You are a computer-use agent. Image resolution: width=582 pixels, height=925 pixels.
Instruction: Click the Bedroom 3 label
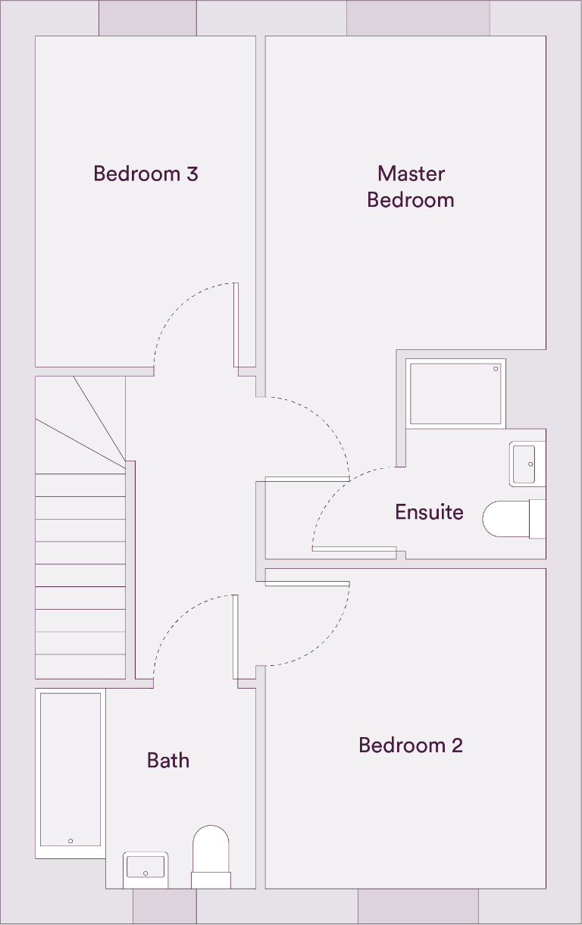click(145, 173)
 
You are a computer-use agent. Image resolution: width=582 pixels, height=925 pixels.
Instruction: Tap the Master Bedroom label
click(411, 186)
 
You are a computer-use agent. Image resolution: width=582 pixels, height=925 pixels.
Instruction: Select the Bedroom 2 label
click(411, 745)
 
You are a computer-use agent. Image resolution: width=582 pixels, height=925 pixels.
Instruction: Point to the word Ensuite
click(429, 512)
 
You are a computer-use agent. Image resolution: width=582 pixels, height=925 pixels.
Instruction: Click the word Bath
click(168, 760)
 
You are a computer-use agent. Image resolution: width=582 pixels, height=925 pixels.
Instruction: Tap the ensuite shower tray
click(455, 393)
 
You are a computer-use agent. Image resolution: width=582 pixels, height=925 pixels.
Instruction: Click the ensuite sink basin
click(527, 464)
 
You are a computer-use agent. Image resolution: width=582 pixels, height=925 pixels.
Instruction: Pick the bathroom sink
click(145, 867)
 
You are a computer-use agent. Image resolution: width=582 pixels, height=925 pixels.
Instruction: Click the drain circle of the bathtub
click(70, 841)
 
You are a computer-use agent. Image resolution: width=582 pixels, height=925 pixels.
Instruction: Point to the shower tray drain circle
click(496, 369)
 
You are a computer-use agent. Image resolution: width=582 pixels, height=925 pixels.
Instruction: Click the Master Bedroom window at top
click(418, 17)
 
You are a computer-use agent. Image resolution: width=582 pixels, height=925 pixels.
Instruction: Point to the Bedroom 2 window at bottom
click(418, 906)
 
